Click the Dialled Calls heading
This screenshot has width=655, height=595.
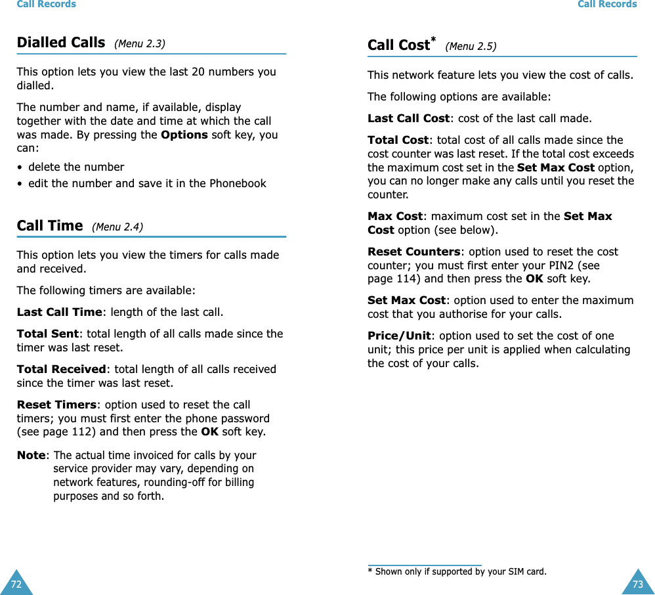click(61, 43)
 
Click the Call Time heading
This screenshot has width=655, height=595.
click(50, 226)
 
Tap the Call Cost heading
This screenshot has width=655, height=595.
click(398, 45)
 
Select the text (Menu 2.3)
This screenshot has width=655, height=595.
click(140, 44)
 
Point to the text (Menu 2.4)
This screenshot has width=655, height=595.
click(117, 227)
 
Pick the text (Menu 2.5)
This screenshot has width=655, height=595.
click(471, 47)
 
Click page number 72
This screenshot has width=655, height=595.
click(16, 583)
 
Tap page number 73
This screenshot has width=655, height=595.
click(637, 583)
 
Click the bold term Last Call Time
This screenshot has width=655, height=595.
click(58, 312)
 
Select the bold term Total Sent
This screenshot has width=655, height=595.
click(48, 334)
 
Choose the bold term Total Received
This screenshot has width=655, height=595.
click(61, 370)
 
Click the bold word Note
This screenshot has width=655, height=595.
click(31, 455)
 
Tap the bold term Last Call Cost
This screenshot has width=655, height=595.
click(408, 119)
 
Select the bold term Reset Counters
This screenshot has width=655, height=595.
click(413, 252)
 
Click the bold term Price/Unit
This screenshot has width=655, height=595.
click(399, 336)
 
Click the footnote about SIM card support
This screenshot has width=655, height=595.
click(457, 571)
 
